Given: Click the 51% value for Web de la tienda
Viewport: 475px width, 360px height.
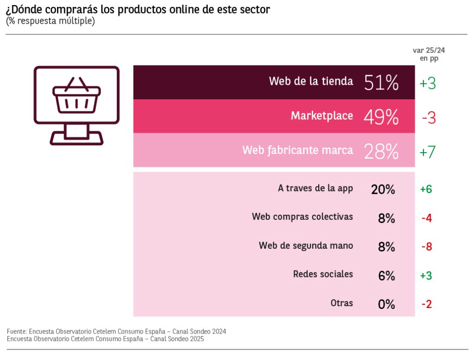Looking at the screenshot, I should (381, 83).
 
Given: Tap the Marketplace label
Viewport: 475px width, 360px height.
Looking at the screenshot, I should (321, 116).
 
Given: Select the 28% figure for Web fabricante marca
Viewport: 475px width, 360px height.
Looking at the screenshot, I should (381, 151).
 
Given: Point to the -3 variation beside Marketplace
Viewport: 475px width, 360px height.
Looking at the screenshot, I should (429, 118).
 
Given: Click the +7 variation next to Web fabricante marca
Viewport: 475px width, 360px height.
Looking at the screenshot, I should (428, 152).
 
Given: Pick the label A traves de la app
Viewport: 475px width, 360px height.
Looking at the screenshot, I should (315, 188).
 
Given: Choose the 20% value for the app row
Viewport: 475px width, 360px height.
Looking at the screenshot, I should (383, 189).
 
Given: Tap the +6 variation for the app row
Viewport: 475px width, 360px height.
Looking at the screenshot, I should (426, 189).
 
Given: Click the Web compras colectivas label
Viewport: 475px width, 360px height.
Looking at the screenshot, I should (302, 217).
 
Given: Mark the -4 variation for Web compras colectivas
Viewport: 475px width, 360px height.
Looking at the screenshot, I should (427, 218).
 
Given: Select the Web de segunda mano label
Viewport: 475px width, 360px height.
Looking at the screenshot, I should (306, 245).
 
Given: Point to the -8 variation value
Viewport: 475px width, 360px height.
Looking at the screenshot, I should (427, 247).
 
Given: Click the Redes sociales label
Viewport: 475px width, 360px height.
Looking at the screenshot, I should (323, 274).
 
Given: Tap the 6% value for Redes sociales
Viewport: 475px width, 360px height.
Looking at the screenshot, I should (386, 276).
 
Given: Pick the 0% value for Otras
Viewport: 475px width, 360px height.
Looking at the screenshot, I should (386, 304).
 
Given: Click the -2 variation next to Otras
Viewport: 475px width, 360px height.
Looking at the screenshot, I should (427, 304).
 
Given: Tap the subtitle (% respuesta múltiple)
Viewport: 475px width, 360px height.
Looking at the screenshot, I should (51, 21).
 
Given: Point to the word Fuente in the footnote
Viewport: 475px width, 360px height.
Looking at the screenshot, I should (17, 332).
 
